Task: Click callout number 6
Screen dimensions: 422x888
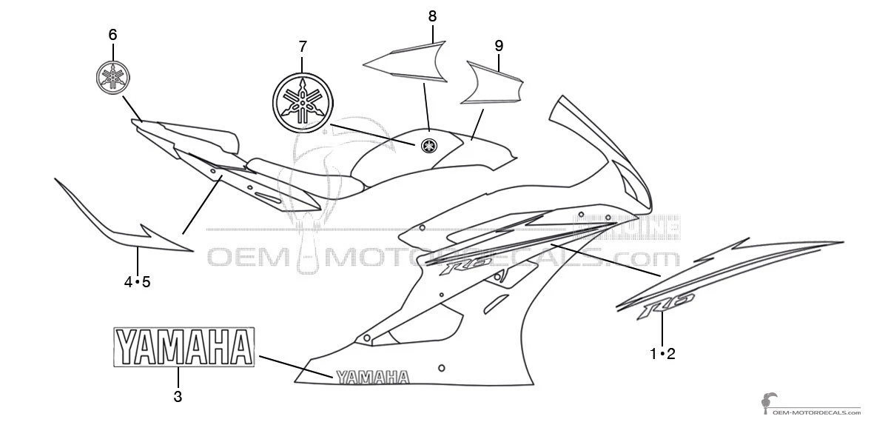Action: [112, 35]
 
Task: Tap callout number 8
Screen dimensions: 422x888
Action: [432, 16]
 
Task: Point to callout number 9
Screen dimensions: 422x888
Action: [499, 45]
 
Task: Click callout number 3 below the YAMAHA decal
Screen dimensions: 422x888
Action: [178, 396]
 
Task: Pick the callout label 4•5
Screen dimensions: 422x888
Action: [138, 281]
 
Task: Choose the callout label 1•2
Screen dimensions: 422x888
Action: [662, 354]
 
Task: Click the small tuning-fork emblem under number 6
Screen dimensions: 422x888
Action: [113, 78]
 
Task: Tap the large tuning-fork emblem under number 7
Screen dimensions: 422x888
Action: [303, 103]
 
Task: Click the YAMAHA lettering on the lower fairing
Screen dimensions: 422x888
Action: [372, 378]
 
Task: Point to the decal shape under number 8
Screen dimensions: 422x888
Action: [407, 61]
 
